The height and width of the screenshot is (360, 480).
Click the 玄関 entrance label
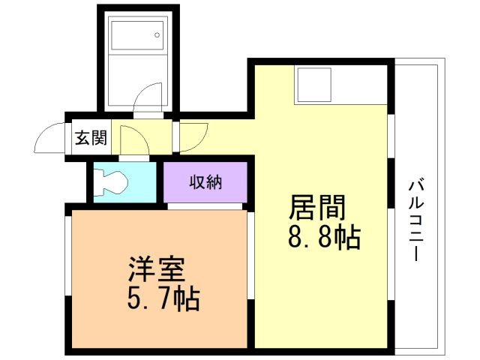click(91, 138)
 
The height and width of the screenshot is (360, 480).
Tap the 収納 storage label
click(205, 182)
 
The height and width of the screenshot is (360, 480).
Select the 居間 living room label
click(317, 207)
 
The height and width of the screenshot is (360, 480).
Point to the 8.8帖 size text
click(324, 237)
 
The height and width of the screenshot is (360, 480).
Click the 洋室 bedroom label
click(157, 269)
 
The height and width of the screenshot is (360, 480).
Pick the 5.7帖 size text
click(163, 298)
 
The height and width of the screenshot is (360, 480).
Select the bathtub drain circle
click(157, 35)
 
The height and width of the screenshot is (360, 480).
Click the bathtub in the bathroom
click(137, 35)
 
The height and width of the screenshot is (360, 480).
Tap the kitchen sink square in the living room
click(315, 85)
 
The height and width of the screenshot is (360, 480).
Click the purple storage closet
click(205, 182)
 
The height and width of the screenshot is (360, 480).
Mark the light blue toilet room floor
click(124, 182)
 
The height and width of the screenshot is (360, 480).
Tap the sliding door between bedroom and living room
click(250, 256)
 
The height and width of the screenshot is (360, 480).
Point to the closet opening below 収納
click(205, 206)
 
